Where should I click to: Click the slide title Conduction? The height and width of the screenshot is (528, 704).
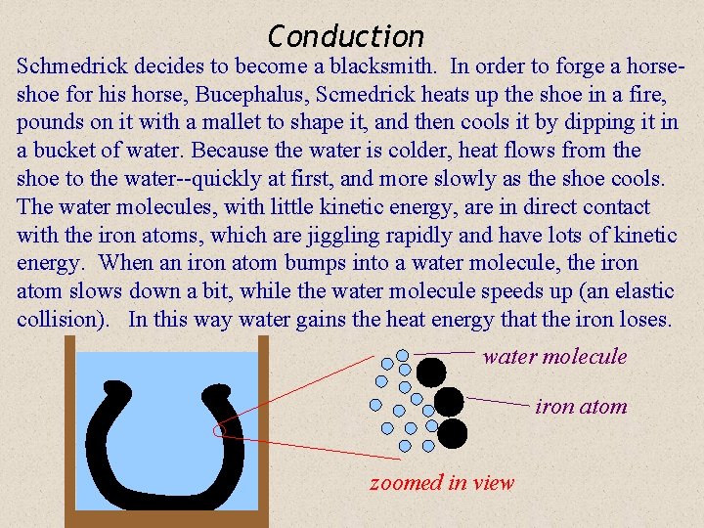[x=346, y=37]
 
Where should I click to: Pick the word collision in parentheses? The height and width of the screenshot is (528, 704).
[x=60, y=320]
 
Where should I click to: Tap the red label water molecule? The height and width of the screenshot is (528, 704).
[x=554, y=356]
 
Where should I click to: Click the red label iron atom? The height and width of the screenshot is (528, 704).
[x=581, y=407]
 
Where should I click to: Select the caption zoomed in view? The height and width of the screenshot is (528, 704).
[x=441, y=483]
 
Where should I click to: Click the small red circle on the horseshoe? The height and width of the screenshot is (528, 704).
[x=219, y=429]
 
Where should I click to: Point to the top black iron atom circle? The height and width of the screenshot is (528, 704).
[x=431, y=372]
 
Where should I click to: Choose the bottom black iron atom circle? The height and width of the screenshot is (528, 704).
[x=453, y=432]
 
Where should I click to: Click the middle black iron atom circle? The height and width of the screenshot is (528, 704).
[x=449, y=401]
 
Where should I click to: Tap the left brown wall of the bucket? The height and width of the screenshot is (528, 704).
[x=69, y=430]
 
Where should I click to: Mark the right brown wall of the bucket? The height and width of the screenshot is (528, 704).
[x=262, y=430]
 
